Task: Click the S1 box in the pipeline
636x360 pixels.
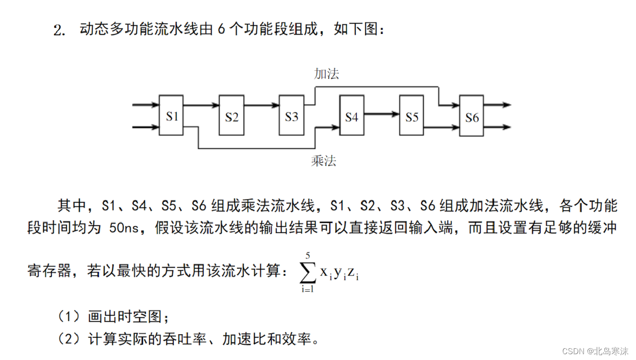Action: (171, 115)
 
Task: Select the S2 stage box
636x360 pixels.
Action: (232, 115)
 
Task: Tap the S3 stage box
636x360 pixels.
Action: (291, 115)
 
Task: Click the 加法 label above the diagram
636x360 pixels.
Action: (326, 74)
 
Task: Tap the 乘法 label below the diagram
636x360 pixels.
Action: (323, 161)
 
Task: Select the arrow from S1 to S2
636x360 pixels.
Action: (201, 104)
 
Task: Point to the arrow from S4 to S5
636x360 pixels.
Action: (382, 114)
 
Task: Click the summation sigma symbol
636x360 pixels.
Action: (307, 274)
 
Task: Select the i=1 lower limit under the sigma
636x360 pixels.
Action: (307, 290)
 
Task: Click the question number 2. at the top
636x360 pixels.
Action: (59, 31)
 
